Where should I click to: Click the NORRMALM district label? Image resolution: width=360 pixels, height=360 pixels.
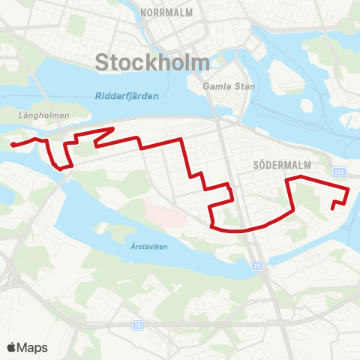(167, 13)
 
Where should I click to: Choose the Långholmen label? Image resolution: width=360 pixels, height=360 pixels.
(34, 115)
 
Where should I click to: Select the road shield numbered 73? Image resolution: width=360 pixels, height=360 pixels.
(257, 267)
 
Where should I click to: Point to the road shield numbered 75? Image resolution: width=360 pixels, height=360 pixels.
(137, 325)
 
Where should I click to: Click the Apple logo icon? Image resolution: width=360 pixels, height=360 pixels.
(11, 347)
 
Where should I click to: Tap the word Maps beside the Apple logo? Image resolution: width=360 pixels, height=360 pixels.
(34, 347)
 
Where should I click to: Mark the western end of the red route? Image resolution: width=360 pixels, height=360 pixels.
(13, 144)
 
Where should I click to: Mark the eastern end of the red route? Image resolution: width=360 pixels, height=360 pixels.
(333, 209)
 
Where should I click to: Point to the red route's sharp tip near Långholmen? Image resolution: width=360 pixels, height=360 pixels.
(112, 128)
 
